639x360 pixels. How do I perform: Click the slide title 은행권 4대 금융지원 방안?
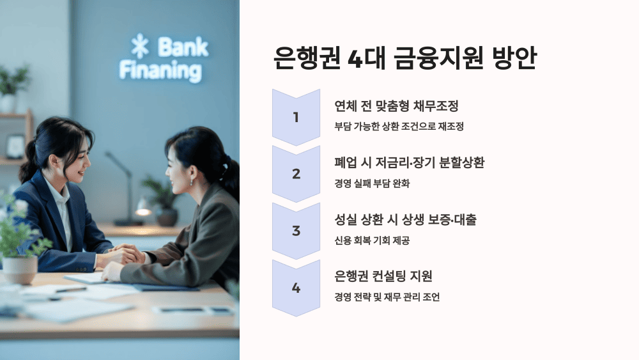pos(404,58)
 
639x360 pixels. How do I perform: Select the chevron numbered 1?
pos(296,117)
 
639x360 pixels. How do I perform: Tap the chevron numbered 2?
pos(296,173)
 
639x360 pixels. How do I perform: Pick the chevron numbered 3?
pos(296,230)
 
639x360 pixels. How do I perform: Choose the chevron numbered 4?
pos(296,288)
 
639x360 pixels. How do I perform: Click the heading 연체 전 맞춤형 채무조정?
pos(396,106)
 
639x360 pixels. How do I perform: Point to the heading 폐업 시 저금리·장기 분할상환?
pos(409,162)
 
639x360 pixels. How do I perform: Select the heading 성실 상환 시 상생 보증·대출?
pos(405,219)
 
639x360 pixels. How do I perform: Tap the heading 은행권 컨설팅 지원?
pos(383,276)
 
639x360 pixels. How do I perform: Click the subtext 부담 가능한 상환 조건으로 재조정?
pos(399,126)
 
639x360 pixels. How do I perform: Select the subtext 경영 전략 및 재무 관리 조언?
pos(387,297)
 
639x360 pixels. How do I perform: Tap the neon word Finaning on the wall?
pos(160,69)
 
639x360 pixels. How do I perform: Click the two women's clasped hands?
pos(128,256)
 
